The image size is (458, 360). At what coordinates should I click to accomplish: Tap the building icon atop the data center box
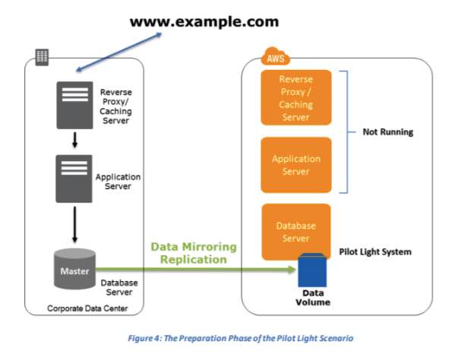(43, 57)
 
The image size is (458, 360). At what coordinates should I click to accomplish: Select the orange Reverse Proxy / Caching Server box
(295, 98)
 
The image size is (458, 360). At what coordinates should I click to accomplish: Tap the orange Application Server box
(295, 165)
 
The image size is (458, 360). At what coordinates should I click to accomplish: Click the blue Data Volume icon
(312, 269)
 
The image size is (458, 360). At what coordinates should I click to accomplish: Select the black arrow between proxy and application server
(74, 140)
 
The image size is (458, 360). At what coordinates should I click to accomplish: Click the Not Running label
(387, 131)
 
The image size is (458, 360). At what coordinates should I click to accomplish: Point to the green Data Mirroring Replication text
(194, 253)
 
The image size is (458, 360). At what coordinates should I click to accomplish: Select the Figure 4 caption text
(228, 336)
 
